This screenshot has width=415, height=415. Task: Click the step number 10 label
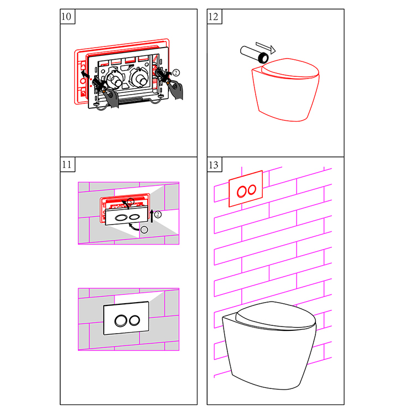coord(66,17)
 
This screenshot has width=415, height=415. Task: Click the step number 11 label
coord(66,165)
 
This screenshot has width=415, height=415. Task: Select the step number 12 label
coord(214,17)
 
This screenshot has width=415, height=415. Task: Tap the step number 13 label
coord(214,165)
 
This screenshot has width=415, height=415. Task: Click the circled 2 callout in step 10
coord(176,72)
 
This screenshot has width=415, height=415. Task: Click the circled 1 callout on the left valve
coord(111,78)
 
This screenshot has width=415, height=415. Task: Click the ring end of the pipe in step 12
coord(263,58)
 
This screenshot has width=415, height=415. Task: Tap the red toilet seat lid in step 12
coord(290,68)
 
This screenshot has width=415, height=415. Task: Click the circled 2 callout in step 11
coord(158,214)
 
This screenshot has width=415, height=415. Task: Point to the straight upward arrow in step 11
coord(152,216)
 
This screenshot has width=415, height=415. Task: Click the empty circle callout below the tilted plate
coord(144,230)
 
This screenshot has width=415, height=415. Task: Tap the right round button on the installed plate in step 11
coord(134,320)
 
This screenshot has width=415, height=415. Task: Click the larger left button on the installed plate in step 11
coord(121,321)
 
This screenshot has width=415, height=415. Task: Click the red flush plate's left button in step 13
coord(242,191)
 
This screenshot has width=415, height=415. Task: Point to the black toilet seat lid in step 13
coord(276,317)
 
